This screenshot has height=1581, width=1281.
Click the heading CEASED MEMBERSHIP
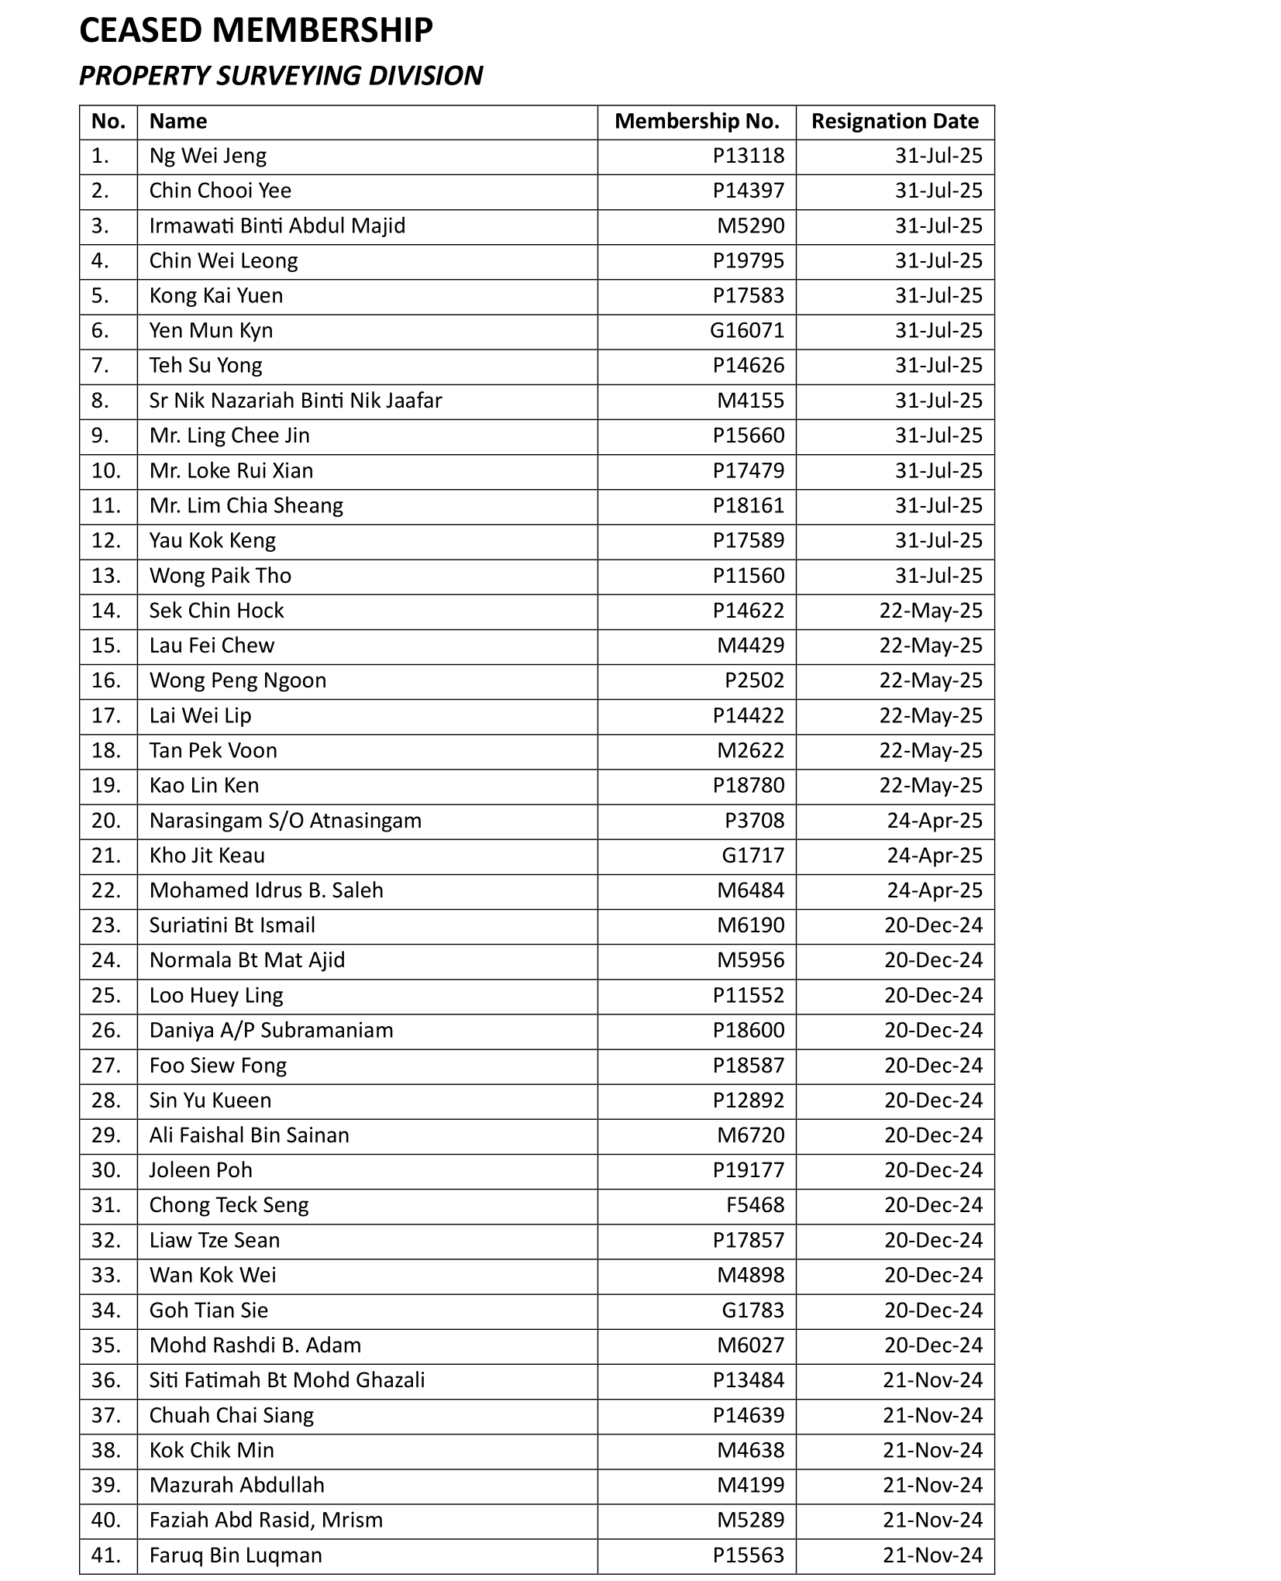256,31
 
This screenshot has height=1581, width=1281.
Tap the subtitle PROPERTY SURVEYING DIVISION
281,76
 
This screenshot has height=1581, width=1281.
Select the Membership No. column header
697,122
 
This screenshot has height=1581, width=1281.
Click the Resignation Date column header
894,122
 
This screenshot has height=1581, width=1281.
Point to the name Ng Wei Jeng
208,157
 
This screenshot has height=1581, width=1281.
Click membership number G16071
747,331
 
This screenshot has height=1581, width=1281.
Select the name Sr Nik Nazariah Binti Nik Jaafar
295,401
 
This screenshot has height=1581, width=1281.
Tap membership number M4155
750,401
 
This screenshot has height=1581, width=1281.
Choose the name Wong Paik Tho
220,576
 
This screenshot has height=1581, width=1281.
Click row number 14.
106,611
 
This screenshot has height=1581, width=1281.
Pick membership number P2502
754,680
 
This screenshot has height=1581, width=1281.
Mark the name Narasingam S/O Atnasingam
285,821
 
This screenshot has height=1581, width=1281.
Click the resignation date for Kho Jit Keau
934,856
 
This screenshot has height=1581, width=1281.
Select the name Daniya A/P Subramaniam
271,1030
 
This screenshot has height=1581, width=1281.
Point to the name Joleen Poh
201,1170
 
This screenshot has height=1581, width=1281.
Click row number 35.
106,1345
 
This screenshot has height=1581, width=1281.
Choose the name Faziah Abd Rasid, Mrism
266,1520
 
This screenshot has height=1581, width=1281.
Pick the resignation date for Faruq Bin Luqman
932,1555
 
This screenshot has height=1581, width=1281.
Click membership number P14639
749,1415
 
